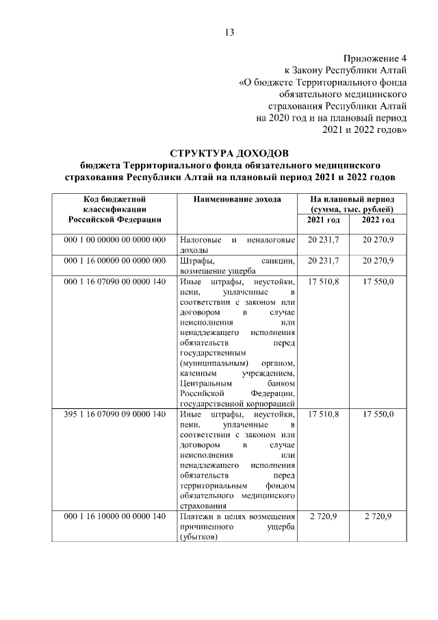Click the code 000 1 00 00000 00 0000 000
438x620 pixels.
pyautogui.click(x=115, y=240)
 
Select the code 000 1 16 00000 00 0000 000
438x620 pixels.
pyautogui.click(x=115, y=261)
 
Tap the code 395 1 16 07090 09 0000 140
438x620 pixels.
pyautogui.click(x=115, y=415)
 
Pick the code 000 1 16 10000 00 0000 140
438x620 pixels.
pyautogui.click(x=115, y=516)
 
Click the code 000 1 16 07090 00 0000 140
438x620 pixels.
pyautogui.click(x=115, y=282)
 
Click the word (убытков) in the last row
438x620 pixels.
pyautogui.click(x=199, y=537)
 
